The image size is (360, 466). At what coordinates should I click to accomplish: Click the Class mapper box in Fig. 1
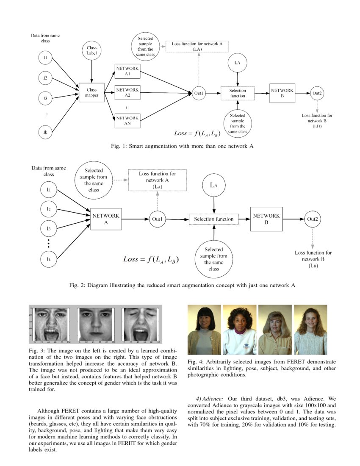pos(91,93)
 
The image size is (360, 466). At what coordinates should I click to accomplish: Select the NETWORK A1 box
pos(127,71)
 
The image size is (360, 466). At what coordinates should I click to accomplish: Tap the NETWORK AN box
pos(127,121)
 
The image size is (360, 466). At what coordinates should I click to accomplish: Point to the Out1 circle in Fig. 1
pos(199,93)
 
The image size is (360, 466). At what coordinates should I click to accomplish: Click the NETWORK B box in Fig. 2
pos(266,219)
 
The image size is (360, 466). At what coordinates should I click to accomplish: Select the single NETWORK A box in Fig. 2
pos(105,219)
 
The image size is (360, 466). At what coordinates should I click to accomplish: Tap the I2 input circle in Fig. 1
pos(45,78)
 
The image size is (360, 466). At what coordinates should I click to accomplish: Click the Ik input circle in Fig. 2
pos(49,259)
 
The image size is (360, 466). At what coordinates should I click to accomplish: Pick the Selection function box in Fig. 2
pos(213,219)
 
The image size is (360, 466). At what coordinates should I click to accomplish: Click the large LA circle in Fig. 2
pos(213,185)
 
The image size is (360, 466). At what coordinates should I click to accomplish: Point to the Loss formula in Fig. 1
pos(197,133)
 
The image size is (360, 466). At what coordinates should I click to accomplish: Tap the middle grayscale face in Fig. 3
pos(94,324)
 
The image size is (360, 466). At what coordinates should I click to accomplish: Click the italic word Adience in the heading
pos(213,399)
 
